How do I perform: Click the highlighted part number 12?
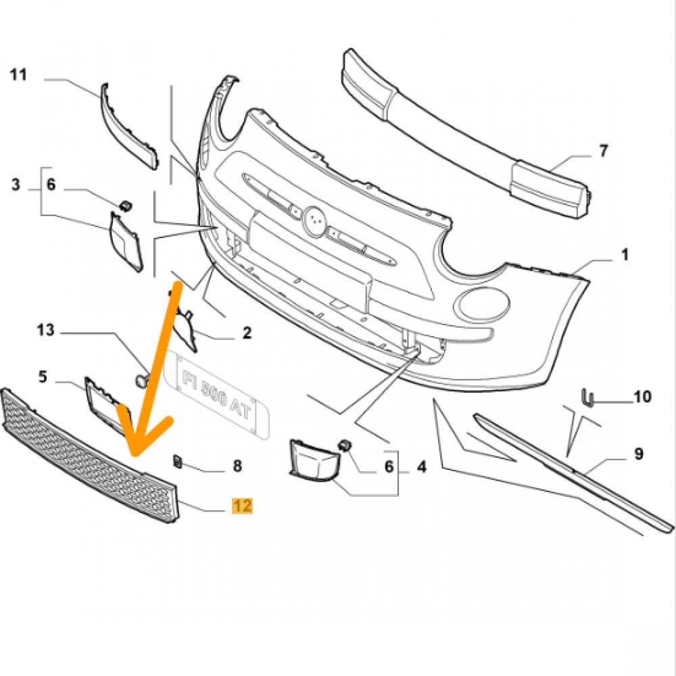(x=242, y=506)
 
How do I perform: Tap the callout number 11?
(x=18, y=75)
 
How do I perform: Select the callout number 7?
(x=604, y=151)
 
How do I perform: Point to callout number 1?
(x=625, y=256)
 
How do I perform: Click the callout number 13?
(x=45, y=331)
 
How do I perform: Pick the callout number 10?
(x=642, y=396)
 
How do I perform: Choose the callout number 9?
(x=638, y=454)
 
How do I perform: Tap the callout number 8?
(x=237, y=466)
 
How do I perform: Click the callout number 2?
(x=247, y=333)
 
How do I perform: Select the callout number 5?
(x=43, y=377)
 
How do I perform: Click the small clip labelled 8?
(x=179, y=461)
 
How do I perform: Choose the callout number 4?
(x=421, y=466)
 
